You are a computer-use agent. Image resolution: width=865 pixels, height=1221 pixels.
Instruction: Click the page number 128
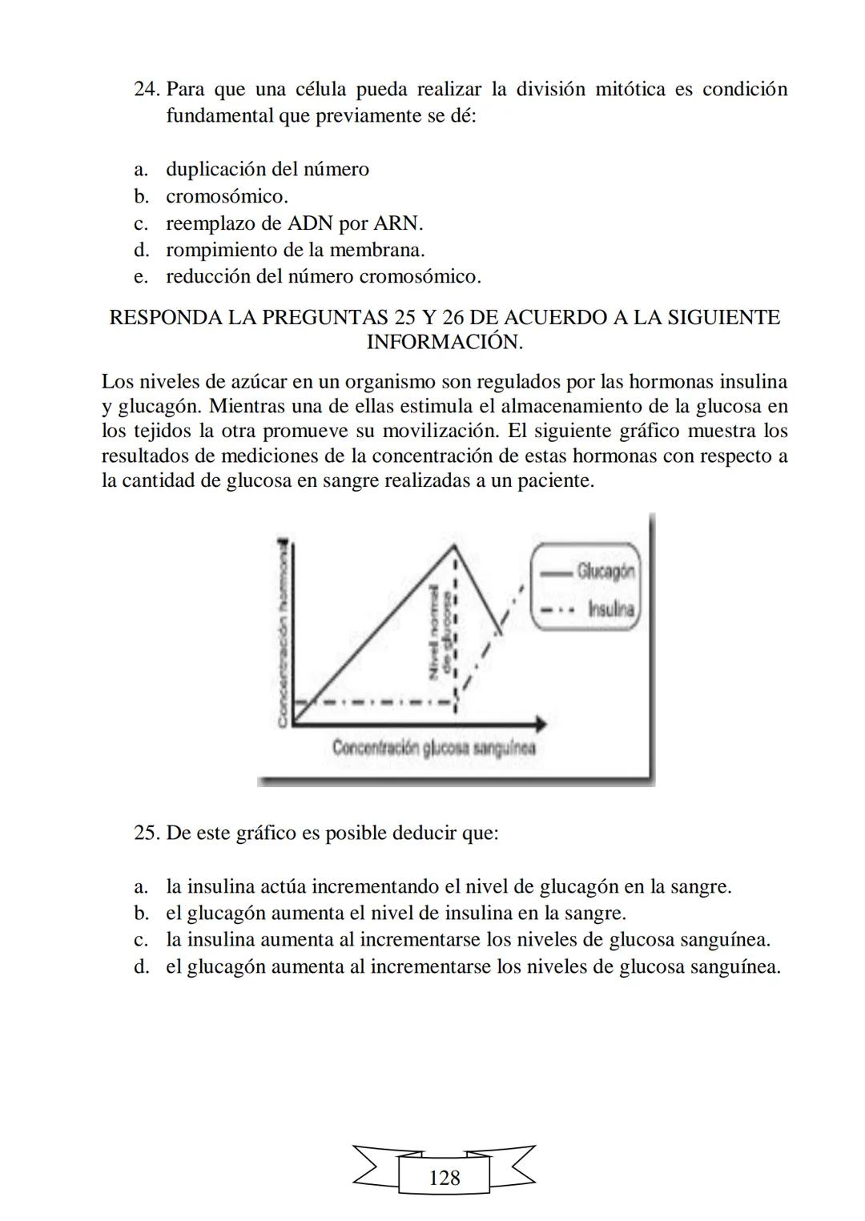click(445, 1178)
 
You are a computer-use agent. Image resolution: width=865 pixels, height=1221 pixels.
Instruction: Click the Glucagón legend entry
click(605, 571)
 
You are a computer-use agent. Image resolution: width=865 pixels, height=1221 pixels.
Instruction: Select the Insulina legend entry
click(610, 609)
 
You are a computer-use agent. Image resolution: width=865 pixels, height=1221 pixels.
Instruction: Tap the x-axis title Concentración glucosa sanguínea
click(433, 748)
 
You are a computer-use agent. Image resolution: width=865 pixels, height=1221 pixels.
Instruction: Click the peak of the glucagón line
click(454, 545)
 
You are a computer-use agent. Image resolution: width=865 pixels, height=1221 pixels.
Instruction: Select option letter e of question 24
click(141, 277)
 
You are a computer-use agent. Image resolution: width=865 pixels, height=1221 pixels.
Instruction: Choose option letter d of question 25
click(141, 966)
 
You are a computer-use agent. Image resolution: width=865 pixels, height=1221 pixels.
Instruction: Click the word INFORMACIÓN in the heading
click(445, 343)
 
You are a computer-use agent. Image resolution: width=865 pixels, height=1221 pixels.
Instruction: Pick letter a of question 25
click(141, 887)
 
